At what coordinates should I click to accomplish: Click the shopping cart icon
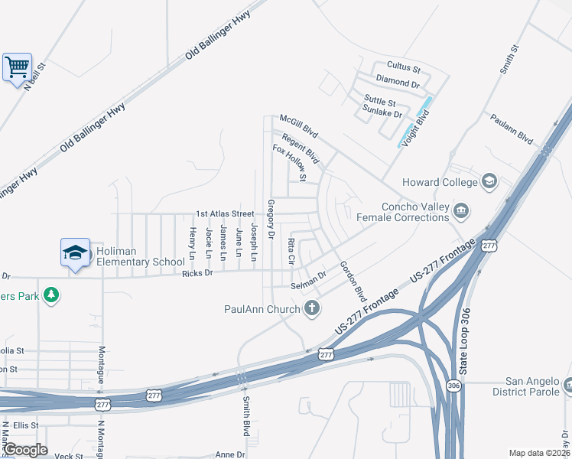(x=17, y=67)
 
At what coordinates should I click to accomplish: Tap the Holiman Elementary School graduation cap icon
(x=76, y=252)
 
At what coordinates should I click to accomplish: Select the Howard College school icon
(x=489, y=182)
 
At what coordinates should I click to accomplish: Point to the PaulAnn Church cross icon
(x=311, y=308)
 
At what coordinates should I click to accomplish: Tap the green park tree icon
(x=51, y=295)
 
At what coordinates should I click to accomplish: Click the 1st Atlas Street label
(x=225, y=213)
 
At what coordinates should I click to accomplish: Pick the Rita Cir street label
(x=291, y=251)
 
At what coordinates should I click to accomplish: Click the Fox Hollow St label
(x=290, y=163)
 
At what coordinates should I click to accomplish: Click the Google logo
(x=24, y=450)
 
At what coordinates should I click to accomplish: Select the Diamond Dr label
(x=398, y=82)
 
